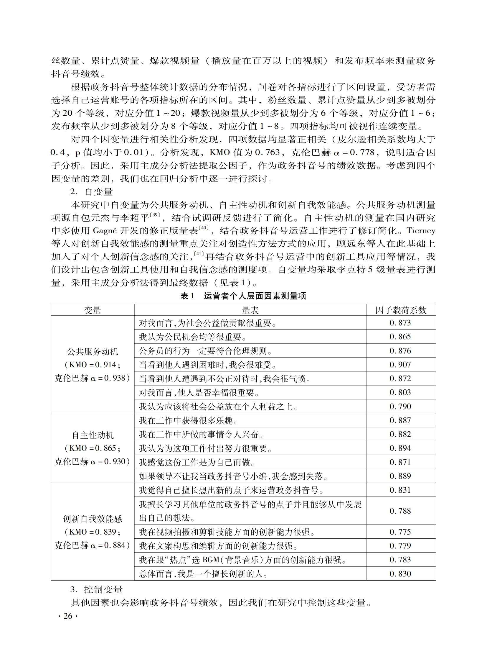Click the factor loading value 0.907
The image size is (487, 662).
[400, 365]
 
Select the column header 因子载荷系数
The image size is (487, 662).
[401, 310]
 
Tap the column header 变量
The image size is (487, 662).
[92, 310]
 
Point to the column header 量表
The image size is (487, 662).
[250, 310]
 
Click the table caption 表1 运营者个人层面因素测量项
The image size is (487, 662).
[243, 296]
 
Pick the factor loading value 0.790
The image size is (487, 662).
[400, 407]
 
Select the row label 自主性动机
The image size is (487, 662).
[93, 435]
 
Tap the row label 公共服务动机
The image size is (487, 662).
[93, 352]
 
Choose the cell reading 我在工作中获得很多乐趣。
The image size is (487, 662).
[188, 420]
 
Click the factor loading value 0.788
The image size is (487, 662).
[400, 511]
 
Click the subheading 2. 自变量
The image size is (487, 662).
[91, 192]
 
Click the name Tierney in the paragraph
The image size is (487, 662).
[421, 230]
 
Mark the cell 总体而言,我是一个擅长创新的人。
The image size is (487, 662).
[203, 574]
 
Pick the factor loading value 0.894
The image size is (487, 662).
[400, 448]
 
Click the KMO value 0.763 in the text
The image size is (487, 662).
[268, 153]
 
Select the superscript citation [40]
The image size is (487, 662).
[204, 227]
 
